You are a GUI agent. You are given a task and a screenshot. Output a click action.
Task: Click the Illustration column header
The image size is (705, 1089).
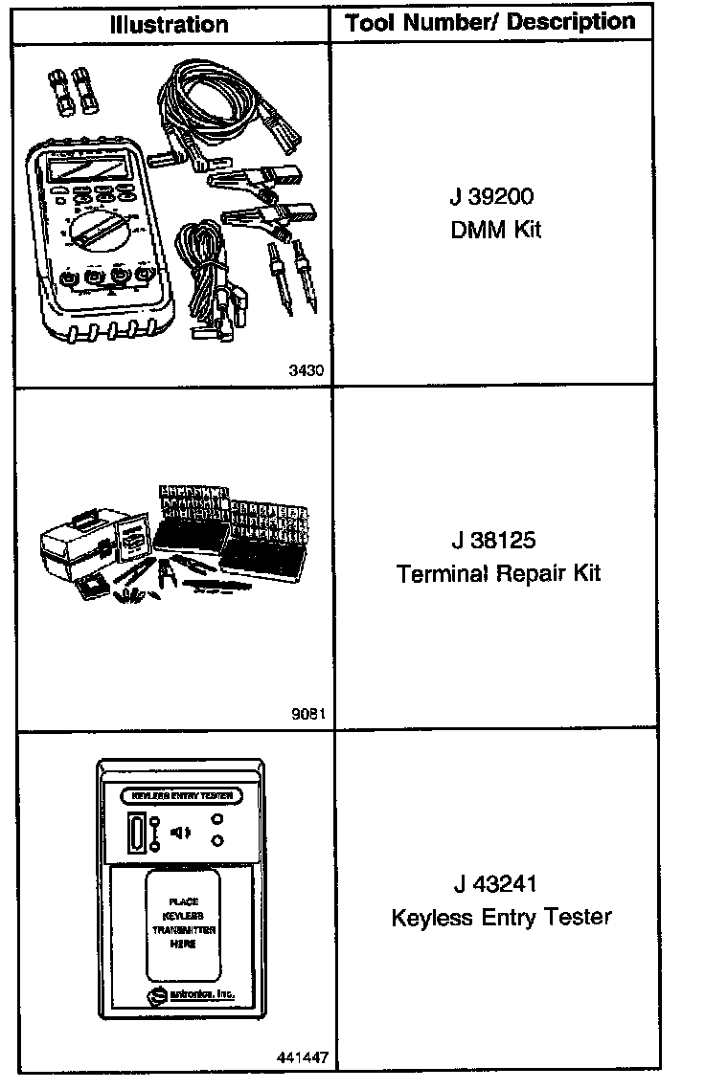[x=169, y=23]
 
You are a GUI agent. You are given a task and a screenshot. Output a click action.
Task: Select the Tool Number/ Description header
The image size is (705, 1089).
[x=490, y=21]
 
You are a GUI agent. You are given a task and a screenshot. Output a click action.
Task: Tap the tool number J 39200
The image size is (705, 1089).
[x=491, y=197]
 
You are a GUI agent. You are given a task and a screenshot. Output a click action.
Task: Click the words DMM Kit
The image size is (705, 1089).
[x=495, y=230]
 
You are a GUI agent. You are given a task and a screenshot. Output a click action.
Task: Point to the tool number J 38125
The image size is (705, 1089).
[x=496, y=541]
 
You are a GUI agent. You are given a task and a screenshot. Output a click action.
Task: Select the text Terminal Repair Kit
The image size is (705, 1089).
[x=498, y=573]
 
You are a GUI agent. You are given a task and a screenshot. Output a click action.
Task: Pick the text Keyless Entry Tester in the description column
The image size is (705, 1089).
[x=501, y=917]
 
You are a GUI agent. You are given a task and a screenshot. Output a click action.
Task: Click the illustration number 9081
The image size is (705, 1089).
[x=308, y=714]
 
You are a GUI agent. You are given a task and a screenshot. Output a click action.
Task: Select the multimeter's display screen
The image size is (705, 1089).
[x=85, y=171]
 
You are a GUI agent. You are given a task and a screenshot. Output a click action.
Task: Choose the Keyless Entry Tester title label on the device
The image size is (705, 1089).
[x=181, y=796]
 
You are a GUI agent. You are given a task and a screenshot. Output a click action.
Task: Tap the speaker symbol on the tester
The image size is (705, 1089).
[x=180, y=833]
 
